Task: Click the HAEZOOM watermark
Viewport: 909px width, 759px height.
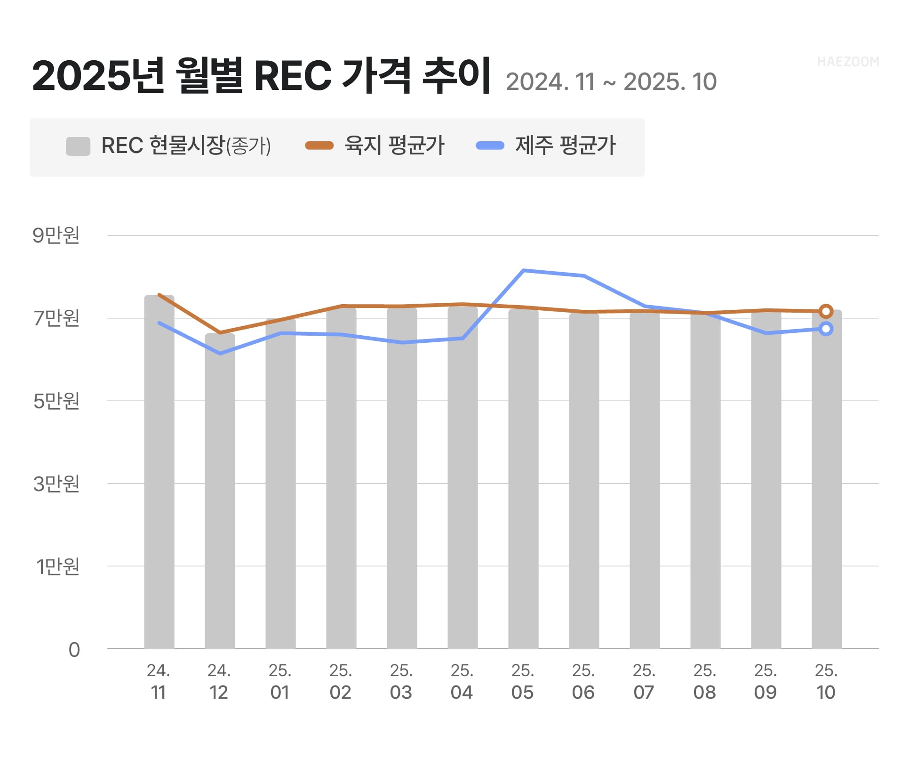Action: click(847, 62)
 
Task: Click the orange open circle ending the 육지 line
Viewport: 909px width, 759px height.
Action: click(826, 311)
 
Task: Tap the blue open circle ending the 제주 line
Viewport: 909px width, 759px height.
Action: click(826, 329)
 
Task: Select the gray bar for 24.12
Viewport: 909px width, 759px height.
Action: click(220, 490)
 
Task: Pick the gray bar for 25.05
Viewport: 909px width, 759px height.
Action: click(523, 478)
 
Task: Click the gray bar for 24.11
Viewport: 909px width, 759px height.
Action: click(159, 471)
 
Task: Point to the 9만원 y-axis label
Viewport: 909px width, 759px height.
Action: click(56, 235)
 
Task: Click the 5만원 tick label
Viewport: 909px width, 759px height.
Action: click(56, 401)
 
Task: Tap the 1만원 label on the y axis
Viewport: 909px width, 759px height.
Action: click(57, 566)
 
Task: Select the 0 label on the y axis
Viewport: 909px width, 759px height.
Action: click(74, 650)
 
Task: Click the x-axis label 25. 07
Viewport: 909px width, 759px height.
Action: click(644, 681)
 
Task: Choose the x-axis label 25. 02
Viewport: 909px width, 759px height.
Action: click(341, 681)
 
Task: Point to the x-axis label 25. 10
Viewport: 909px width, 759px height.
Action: click(826, 681)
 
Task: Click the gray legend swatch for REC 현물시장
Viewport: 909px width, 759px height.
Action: click(78, 146)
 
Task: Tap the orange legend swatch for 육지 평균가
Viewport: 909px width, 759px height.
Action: click(319, 145)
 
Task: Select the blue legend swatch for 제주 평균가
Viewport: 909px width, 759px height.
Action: click(490, 145)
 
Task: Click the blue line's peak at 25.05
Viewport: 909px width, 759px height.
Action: click(523, 271)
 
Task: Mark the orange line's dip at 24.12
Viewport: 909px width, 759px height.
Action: click(220, 333)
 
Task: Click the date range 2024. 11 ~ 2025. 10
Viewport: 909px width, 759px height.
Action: click(611, 82)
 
